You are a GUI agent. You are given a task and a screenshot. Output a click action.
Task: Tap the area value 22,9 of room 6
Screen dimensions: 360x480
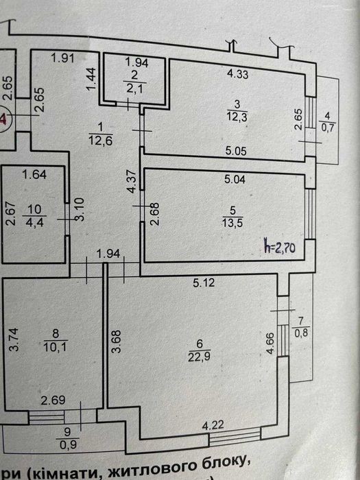[200, 357]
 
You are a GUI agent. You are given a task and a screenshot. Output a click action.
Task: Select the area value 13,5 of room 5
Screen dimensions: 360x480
[232, 222]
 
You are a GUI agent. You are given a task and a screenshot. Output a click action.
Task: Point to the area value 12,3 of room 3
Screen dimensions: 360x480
[237, 117]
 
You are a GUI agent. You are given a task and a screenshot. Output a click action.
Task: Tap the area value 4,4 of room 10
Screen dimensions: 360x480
[34, 221]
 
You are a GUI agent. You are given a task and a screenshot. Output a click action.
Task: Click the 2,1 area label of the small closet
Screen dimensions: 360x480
[135, 91]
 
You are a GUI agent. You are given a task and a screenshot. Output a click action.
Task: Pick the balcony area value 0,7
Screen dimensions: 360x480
[327, 126]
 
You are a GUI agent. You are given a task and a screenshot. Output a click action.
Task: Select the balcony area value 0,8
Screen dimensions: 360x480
[301, 333]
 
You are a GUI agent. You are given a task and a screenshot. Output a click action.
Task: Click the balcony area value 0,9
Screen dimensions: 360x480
[68, 444]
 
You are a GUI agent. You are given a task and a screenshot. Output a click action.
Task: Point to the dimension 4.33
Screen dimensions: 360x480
[237, 74]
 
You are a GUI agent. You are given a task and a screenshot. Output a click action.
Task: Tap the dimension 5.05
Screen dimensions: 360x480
[236, 151]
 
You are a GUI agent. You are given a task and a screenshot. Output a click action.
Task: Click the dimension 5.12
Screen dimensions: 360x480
[204, 283]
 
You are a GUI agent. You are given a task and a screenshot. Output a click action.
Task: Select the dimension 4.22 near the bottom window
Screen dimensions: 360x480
[213, 425]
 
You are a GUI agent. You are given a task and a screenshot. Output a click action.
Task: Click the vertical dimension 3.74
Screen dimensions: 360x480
[14, 339]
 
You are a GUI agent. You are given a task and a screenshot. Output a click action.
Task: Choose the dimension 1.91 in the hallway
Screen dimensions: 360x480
[63, 58]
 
